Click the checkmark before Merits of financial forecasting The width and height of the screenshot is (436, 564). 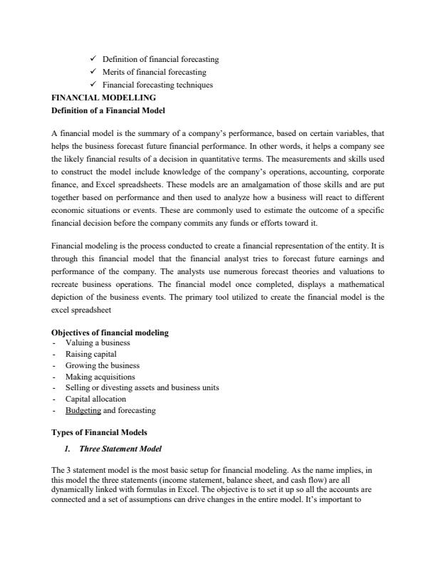tap(94, 72)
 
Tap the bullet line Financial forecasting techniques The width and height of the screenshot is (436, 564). tap(158, 85)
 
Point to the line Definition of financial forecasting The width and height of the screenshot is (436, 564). tap(161, 59)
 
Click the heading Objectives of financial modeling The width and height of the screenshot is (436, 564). tap(110, 333)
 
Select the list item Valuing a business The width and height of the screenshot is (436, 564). tap(98, 343)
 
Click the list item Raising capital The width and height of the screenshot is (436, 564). tap(90, 353)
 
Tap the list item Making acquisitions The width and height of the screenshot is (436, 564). tap(100, 376)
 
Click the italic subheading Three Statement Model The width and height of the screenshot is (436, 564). tap(123, 449)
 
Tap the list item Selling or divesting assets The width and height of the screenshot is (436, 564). tap(142, 387)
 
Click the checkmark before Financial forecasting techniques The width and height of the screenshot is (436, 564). tap(94, 85)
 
